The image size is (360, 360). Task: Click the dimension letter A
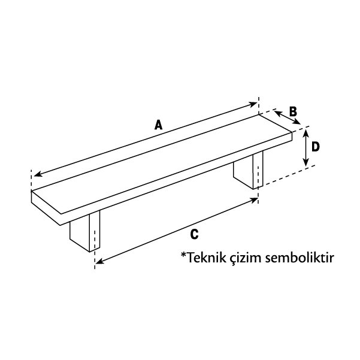(158, 125)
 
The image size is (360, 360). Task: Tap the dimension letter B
(293, 111)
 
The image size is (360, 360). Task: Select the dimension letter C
(194, 234)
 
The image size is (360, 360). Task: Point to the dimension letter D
(316, 147)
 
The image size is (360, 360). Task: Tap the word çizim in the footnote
(246, 259)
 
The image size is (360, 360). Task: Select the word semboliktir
(300, 258)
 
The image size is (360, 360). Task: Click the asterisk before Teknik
(183, 255)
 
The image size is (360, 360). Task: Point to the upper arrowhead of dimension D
(305, 133)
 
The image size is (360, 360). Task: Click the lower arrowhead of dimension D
(305, 163)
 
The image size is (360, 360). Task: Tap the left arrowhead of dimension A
(37, 174)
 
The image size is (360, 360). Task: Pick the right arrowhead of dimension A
(253, 104)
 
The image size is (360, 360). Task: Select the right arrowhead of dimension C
(254, 200)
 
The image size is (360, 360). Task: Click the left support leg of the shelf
(84, 231)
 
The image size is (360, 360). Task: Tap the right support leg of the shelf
(248, 170)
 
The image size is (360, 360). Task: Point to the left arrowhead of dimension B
(278, 113)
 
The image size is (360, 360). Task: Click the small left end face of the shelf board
(46, 208)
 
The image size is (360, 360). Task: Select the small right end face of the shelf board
(292, 137)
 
